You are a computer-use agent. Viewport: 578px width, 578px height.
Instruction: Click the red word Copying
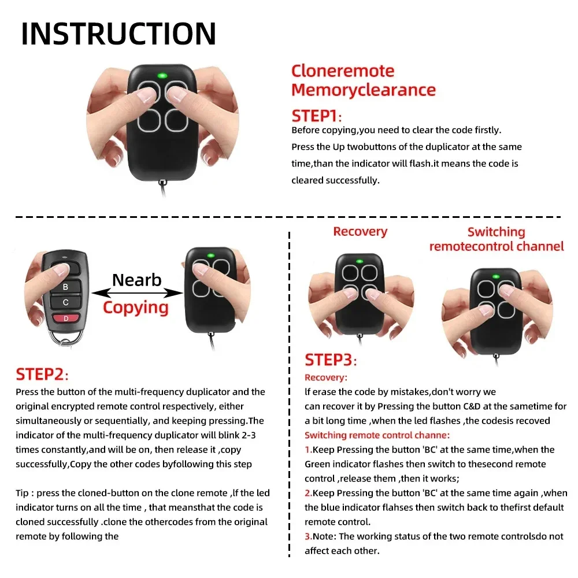point(136,307)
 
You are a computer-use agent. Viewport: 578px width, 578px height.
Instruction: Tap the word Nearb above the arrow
point(136,280)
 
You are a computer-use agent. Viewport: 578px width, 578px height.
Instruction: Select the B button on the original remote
point(65,286)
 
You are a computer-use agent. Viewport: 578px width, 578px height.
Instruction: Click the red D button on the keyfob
point(65,318)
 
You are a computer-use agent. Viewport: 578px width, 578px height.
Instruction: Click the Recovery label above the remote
point(360,232)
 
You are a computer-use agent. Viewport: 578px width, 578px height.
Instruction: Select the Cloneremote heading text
point(343,71)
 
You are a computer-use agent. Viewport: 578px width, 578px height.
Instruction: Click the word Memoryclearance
point(363,90)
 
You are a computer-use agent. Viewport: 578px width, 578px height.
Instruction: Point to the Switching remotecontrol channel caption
point(496,239)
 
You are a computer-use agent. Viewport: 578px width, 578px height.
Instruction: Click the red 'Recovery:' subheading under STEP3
point(326,377)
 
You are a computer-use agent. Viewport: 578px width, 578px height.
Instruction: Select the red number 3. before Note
point(308,536)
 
